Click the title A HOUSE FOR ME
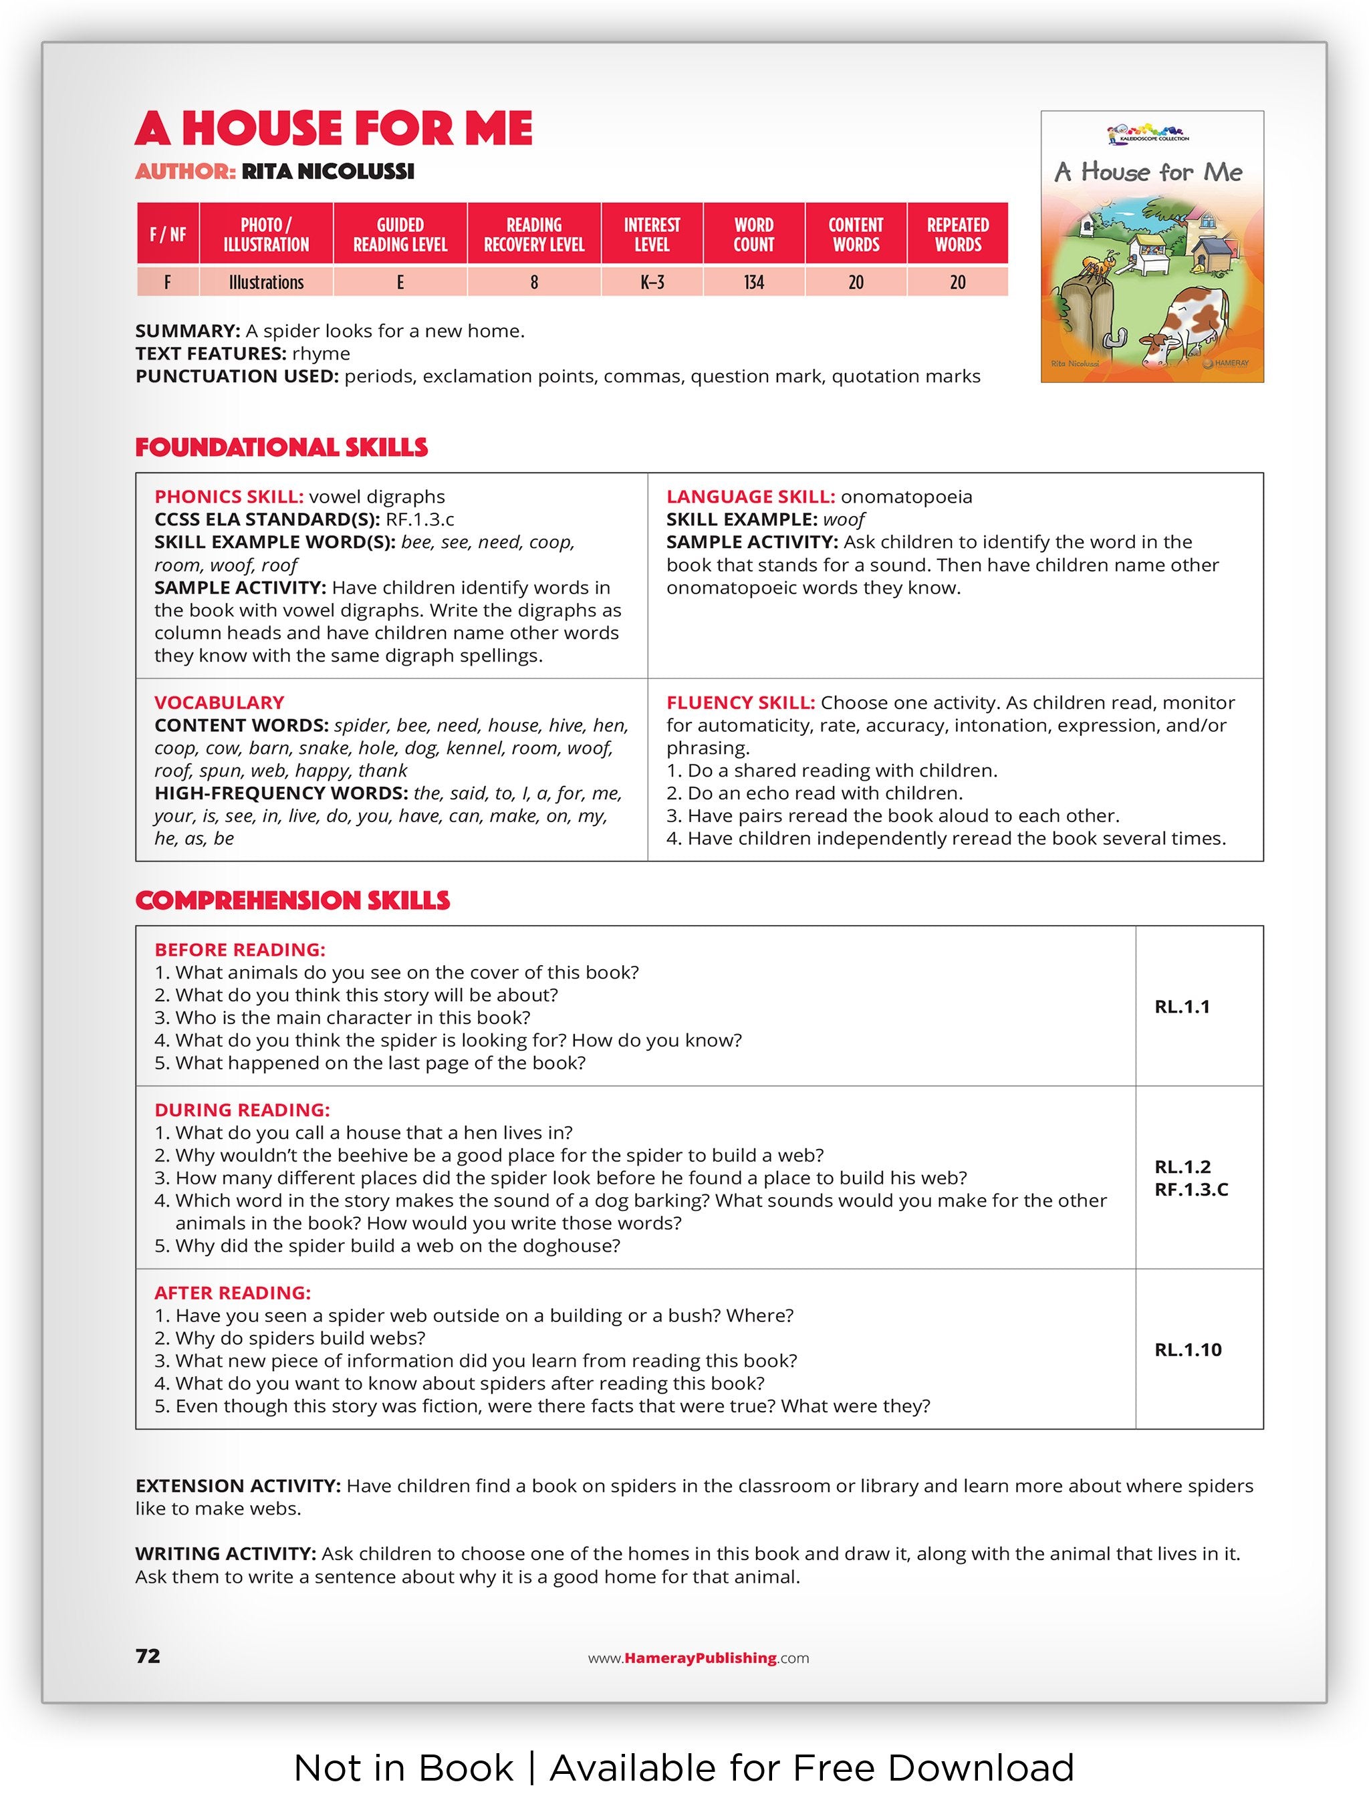click(334, 128)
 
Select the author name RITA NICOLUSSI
click(328, 172)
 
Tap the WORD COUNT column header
click(753, 234)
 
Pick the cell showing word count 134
click(753, 283)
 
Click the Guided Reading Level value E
click(400, 283)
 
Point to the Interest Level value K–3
click(651, 283)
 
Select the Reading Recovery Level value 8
click(533, 283)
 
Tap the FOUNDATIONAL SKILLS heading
click(281, 447)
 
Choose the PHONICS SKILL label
click(229, 497)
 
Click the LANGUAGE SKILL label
click(750, 497)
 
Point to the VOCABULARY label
click(219, 703)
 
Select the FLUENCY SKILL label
click(741, 703)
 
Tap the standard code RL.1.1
click(1182, 1007)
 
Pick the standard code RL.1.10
click(1188, 1349)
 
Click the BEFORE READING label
click(239, 950)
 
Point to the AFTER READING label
click(232, 1293)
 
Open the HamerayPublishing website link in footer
click(699, 1658)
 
